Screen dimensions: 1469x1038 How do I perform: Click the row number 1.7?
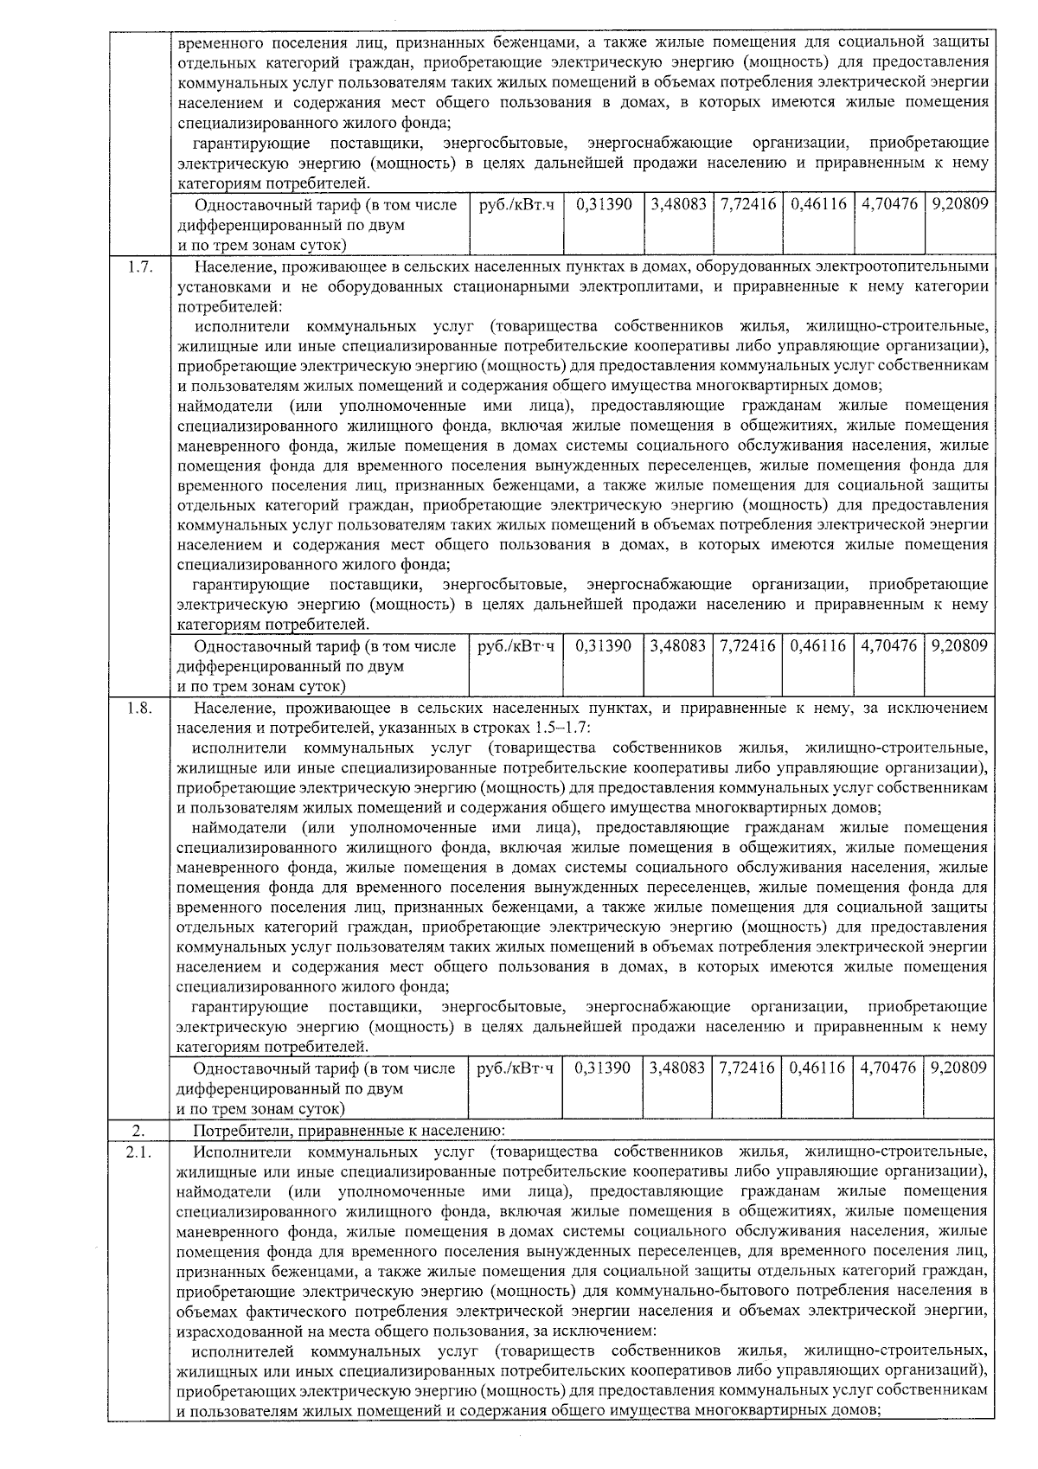click(x=139, y=266)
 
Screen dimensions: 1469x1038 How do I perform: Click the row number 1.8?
click(x=139, y=709)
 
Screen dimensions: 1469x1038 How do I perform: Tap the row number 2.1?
click(x=139, y=1152)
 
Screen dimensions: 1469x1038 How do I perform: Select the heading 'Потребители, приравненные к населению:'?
click(x=355, y=1131)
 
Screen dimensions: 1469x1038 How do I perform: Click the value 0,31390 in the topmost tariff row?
click(x=603, y=205)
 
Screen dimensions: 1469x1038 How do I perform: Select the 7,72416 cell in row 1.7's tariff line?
click(x=747, y=646)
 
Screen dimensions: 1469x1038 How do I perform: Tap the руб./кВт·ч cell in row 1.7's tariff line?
click(x=516, y=646)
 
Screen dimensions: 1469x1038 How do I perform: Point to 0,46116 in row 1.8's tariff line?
click(x=817, y=1068)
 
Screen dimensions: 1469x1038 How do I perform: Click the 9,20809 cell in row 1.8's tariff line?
click(x=958, y=1068)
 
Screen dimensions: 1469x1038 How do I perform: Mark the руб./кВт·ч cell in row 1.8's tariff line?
click(x=515, y=1068)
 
